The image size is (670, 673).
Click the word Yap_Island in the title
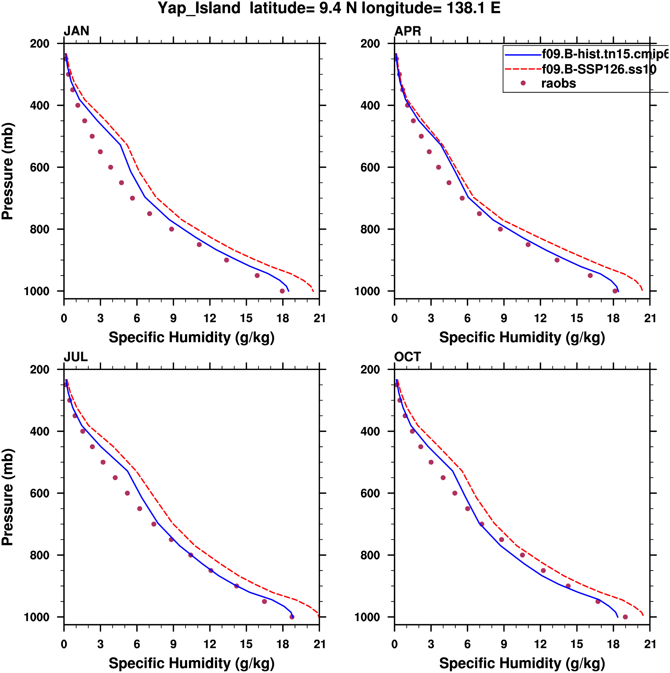[199, 8]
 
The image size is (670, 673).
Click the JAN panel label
[76, 31]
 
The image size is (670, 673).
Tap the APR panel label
[407, 31]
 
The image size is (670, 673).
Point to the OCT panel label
[407, 357]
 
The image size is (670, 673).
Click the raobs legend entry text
[558, 84]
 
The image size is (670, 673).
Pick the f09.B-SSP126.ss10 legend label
[598, 69]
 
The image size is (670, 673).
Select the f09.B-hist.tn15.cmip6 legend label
[605, 54]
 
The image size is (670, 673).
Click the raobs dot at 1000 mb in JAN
[282, 291]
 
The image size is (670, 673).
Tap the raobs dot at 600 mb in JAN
[111, 167]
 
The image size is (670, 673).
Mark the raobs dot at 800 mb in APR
[500, 229]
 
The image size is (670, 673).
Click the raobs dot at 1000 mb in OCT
[625, 617]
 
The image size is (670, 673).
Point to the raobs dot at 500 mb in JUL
[103, 462]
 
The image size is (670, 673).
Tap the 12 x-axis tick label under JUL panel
[210, 644]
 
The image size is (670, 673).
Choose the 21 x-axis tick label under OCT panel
[650, 644]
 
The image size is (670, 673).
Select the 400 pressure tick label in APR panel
[370, 106]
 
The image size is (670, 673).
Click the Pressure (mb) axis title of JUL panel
[8, 497]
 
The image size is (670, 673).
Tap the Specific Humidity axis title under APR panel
[522, 337]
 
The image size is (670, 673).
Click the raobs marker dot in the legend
[523, 83]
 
